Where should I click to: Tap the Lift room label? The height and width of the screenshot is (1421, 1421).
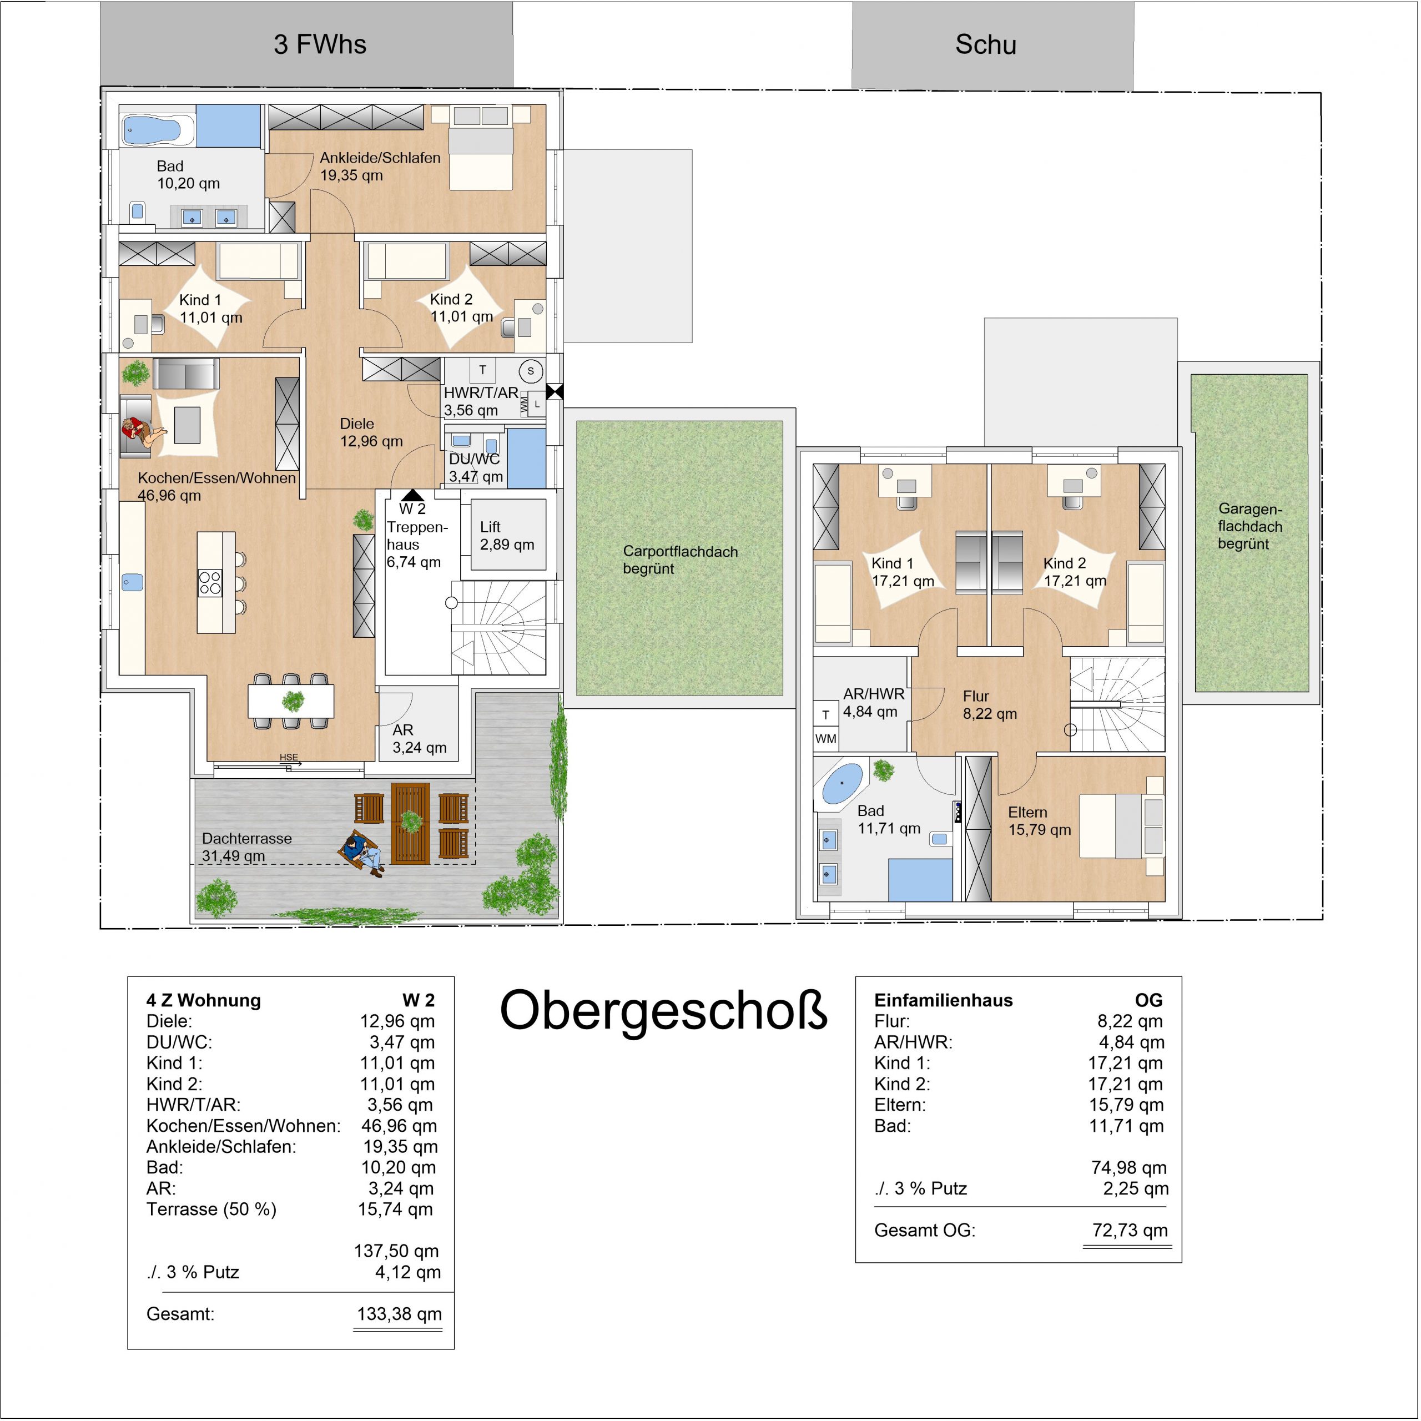pos(507,536)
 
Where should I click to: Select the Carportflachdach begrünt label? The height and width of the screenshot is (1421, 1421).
pos(679,560)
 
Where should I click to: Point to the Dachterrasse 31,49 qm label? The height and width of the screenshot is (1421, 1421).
pos(246,847)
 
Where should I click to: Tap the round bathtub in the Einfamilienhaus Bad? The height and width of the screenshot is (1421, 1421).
pos(842,784)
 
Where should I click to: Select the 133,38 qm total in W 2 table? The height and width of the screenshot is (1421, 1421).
pos(400,1314)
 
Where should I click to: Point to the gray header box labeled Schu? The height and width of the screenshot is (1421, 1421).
pos(993,46)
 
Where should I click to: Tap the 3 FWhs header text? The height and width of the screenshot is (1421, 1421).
pos(320,45)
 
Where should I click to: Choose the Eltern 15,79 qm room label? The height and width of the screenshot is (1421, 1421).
pos(1039,821)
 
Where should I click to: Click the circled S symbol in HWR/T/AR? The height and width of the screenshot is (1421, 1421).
pos(530,371)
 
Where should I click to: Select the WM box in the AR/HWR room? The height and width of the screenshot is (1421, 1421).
pos(825,738)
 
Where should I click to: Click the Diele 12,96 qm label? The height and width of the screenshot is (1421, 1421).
pos(371,432)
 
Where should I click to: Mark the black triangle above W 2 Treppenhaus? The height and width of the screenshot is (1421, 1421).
pos(412,495)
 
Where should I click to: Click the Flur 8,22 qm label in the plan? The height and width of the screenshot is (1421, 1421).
pos(989,704)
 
